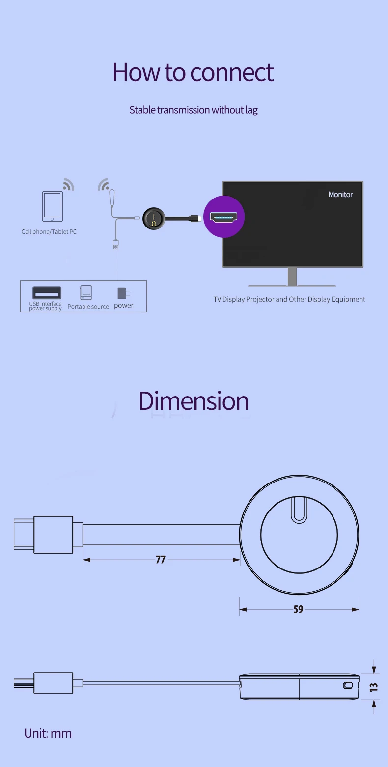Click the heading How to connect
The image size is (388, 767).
tap(193, 72)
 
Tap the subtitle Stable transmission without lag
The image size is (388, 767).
tap(193, 110)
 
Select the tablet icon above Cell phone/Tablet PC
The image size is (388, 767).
tap(53, 206)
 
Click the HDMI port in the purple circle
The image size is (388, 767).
tap(223, 217)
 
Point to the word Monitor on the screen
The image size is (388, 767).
tap(340, 195)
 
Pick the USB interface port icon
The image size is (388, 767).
tap(47, 293)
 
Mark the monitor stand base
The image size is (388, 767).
tap(292, 285)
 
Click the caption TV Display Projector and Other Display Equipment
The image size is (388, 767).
tap(289, 299)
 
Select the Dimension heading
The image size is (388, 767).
tap(194, 401)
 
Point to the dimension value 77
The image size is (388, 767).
tap(161, 560)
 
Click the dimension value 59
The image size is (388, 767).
tap(298, 610)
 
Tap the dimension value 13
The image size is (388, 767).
tap(374, 686)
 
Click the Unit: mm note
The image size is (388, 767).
tap(48, 733)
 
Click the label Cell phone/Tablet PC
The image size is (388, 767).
tap(49, 232)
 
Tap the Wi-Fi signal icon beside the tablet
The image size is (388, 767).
tap(69, 184)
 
